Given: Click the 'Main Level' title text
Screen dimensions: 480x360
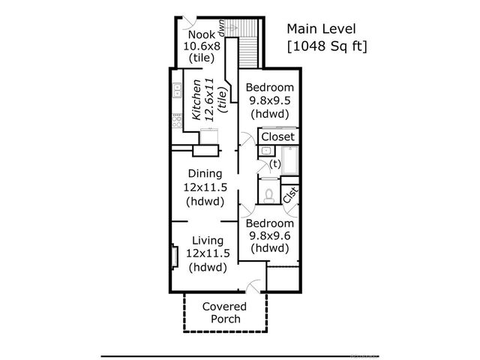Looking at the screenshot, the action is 321,28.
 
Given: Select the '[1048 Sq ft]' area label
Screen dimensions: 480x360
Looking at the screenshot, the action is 327,46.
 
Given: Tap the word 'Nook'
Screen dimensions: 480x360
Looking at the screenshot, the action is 202,34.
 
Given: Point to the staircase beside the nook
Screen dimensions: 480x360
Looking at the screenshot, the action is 248,43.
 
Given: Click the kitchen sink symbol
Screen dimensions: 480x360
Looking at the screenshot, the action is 177,90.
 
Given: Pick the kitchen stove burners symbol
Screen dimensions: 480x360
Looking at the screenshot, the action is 177,120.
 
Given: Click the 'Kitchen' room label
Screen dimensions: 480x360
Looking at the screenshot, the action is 196,100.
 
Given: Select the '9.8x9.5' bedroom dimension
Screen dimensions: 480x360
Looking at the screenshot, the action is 270,100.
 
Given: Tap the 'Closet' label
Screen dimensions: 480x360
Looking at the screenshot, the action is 278,136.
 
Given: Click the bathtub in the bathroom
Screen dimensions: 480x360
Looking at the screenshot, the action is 290,160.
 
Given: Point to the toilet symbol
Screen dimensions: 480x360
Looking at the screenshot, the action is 268,196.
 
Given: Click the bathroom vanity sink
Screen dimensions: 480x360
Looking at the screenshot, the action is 266,151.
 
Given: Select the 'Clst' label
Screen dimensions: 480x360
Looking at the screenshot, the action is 290,195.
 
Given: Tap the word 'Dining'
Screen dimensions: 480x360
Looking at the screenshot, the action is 205,173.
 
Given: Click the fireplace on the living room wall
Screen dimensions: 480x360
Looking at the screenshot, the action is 175,256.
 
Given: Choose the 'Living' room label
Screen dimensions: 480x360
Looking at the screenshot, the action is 208,241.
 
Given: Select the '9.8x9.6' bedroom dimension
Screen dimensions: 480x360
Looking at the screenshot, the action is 270,236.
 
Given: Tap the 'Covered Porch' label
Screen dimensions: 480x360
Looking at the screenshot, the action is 225,313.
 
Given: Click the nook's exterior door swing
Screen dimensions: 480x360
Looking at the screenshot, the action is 190,22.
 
